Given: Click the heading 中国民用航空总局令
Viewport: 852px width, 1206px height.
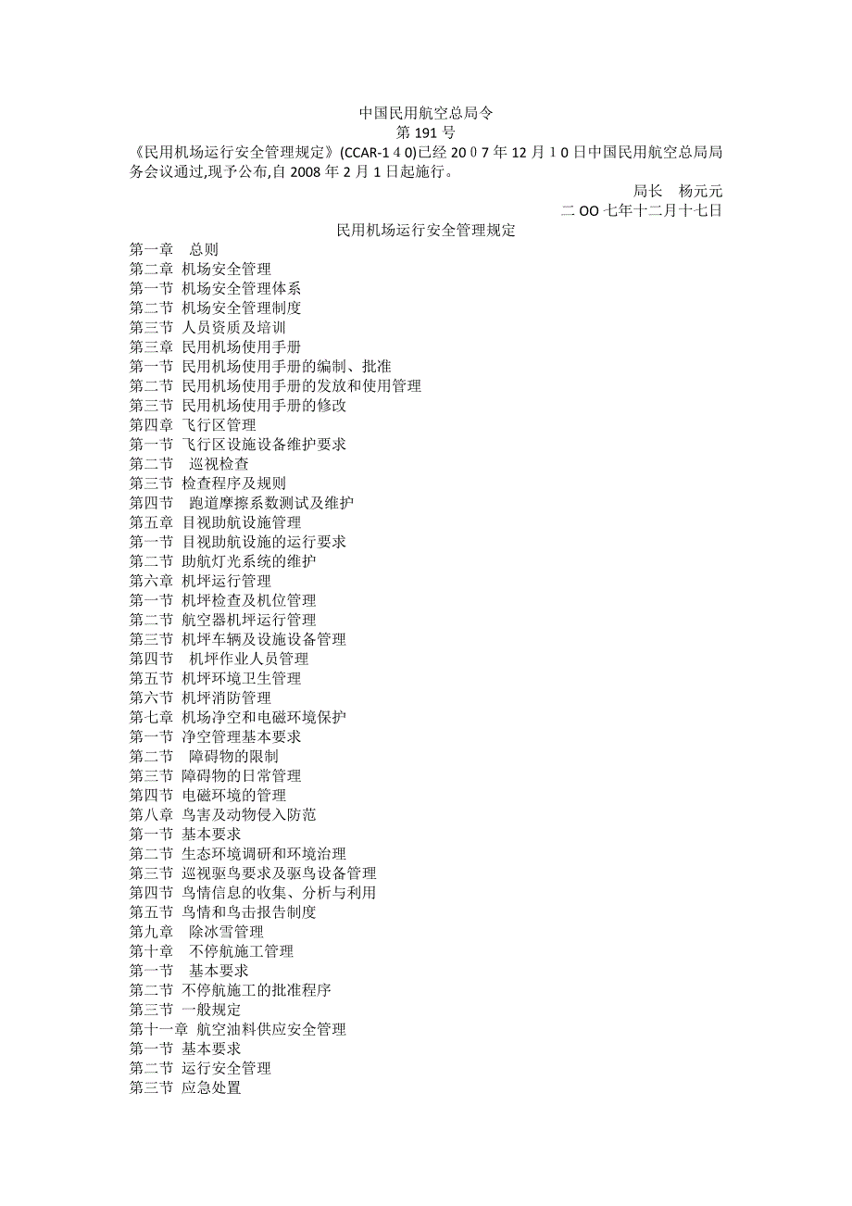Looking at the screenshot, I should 426,113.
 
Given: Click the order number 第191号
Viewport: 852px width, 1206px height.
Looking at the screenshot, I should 426,132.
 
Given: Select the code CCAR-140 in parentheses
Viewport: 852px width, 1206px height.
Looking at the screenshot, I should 378,152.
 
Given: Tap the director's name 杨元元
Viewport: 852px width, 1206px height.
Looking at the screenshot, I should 700,191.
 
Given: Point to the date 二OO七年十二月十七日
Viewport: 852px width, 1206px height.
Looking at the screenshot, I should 642,210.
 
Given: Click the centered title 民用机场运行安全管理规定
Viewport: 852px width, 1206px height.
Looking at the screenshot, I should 426,230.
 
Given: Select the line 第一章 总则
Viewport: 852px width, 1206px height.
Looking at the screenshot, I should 174,249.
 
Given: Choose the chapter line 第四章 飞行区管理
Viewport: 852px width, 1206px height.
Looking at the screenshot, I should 193,424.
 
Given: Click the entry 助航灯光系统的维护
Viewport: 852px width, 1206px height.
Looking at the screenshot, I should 249,561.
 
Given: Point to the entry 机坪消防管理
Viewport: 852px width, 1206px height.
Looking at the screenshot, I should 227,697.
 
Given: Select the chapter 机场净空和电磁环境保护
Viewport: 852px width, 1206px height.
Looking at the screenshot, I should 264,717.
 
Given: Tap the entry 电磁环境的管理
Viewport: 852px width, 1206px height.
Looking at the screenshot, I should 234,795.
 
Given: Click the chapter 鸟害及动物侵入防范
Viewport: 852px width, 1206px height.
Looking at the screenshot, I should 249,814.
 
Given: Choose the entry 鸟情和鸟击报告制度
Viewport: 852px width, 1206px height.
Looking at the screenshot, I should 249,911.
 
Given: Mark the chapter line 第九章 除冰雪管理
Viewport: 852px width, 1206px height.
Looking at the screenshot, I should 196,931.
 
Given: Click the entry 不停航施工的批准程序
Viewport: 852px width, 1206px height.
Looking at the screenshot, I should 257,989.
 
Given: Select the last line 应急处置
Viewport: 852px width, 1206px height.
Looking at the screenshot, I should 212,1087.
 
